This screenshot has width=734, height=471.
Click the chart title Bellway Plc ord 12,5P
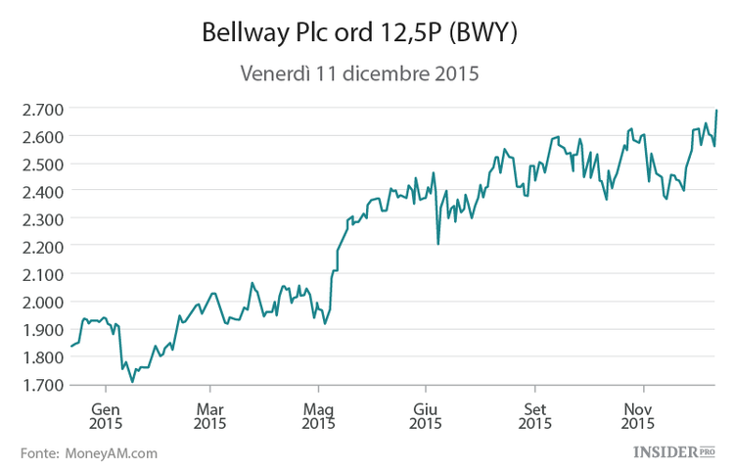click(324, 33)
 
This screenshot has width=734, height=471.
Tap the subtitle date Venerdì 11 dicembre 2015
click(358, 74)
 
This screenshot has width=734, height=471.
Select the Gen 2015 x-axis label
click(105, 416)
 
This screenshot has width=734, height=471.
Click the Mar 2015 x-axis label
click(210, 416)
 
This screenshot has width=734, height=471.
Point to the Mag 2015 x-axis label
click(318, 416)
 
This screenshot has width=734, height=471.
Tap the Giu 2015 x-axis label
click(425, 416)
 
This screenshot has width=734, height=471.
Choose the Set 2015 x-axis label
click(533, 416)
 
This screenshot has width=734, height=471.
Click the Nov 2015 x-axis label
click(639, 416)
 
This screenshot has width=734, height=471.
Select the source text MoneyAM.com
click(111, 453)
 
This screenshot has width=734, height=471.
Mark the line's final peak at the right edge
click(716, 111)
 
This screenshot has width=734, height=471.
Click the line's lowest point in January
click(132, 382)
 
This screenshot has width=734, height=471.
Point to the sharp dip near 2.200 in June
click(438, 244)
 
